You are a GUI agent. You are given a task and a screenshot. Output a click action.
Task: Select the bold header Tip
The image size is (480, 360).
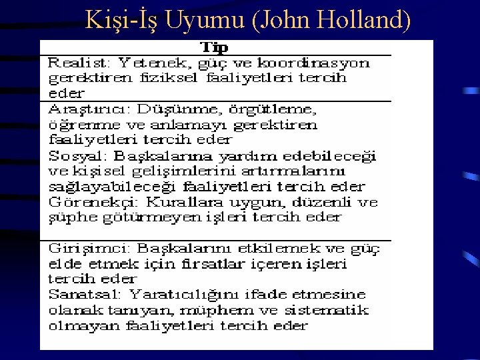[214, 47]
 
